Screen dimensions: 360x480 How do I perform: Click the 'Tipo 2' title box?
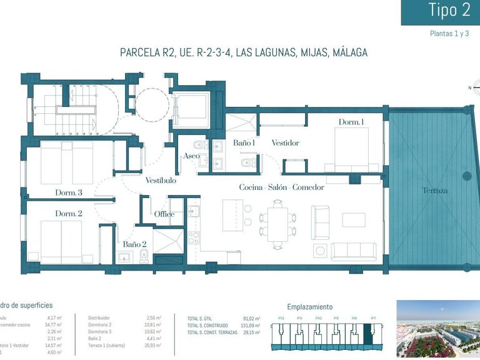[x=440, y=11]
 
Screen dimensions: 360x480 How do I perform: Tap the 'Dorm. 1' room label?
[x=351, y=122]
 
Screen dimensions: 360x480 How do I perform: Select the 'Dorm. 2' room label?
[x=69, y=214]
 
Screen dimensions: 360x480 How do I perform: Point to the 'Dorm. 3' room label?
[x=69, y=192]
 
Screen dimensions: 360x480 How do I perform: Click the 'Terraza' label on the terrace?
[x=434, y=190]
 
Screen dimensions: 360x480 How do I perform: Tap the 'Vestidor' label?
[x=285, y=143]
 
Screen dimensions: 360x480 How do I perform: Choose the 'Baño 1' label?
[x=244, y=143]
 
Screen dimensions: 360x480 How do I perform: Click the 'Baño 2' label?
[x=134, y=244]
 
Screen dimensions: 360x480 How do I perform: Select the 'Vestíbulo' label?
[x=161, y=181]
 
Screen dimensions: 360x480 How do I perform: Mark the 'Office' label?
[x=164, y=214]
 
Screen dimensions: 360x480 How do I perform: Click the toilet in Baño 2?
[x=144, y=255]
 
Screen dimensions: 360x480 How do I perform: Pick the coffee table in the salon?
[x=354, y=220]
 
